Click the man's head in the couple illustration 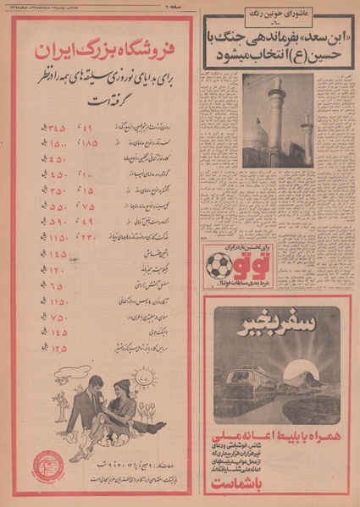tap(94, 390)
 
